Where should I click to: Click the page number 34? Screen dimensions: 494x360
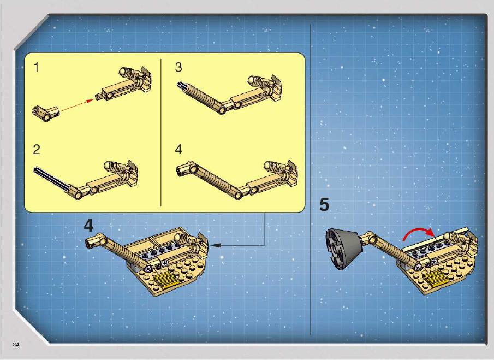(16, 345)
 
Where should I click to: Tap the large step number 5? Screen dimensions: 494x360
(324, 205)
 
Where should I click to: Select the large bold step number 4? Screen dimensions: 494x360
(88, 226)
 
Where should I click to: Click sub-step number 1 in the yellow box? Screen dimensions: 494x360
(37, 68)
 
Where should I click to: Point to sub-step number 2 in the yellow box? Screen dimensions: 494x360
(37, 150)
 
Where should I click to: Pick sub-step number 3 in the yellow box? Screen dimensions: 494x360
(178, 67)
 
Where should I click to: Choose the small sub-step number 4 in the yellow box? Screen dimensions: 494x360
(178, 150)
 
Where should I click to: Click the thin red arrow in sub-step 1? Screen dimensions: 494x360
(77, 105)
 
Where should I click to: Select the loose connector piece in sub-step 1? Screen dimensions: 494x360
(45, 113)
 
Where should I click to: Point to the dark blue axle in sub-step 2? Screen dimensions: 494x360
(51, 179)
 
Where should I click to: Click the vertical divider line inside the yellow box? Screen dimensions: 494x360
(161, 132)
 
